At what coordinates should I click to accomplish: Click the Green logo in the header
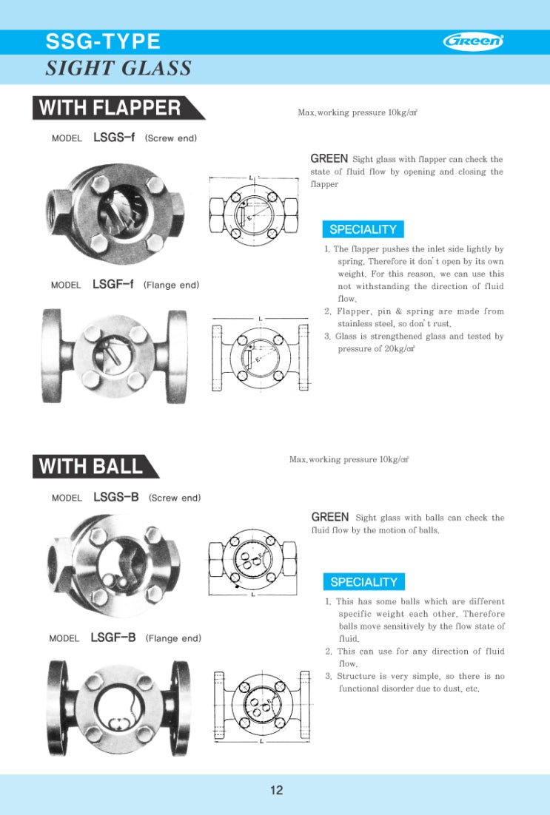point(473,41)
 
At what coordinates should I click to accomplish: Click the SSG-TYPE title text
point(103,41)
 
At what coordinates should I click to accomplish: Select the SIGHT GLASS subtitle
point(118,69)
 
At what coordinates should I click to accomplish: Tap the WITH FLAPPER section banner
point(111,108)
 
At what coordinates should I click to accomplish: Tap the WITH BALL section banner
point(92,467)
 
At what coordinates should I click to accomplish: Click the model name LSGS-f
point(114,138)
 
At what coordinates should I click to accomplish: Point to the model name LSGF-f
point(113,284)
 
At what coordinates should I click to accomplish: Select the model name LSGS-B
point(115,497)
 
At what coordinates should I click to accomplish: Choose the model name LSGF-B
point(113,638)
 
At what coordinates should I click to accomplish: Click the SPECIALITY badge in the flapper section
point(363,229)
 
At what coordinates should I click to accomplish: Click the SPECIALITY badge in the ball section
point(363,582)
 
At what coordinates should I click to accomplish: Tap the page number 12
point(276,790)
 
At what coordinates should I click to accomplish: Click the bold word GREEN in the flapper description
point(329,158)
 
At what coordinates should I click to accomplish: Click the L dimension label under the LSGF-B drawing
point(261,740)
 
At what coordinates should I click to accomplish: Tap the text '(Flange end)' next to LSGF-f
point(171,285)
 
